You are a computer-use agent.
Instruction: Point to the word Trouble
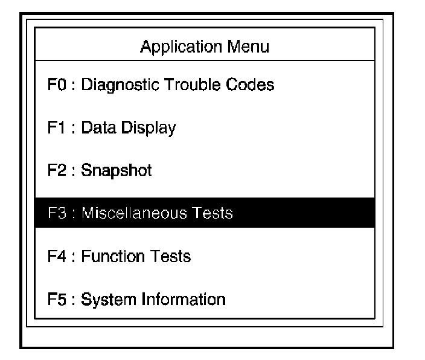point(192,85)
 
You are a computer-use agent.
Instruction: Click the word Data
point(95,128)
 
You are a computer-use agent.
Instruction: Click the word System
point(101,300)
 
